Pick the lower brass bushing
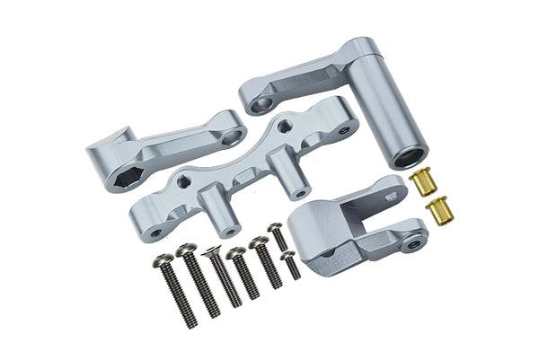click(437, 211)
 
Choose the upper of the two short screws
click(278, 236)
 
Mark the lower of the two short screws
click(290, 264)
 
